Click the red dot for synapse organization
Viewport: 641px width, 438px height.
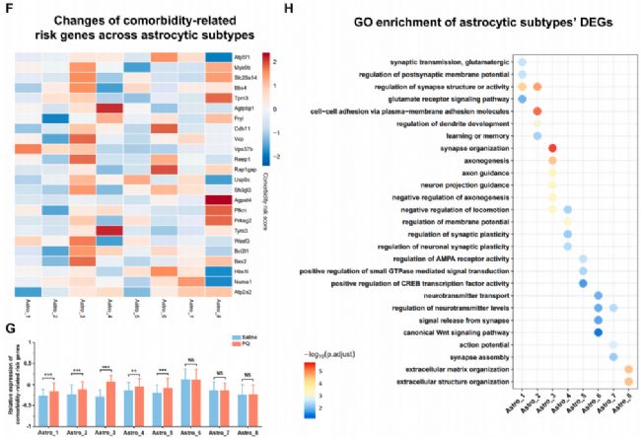[552, 147]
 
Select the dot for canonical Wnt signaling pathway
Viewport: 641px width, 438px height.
[599, 331]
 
